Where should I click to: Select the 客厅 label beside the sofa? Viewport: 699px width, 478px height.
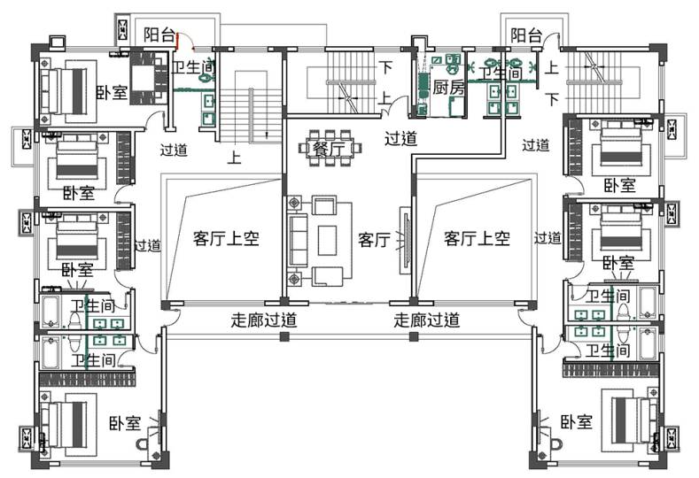click(x=374, y=239)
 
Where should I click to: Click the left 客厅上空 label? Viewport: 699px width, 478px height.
click(x=226, y=237)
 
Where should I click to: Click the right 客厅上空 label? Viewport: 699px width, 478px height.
click(x=477, y=237)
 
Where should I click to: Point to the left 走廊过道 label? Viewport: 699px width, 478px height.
click(x=263, y=320)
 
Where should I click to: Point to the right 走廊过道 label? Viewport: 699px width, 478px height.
click(x=426, y=320)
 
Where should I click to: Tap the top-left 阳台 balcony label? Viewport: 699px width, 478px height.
click(x=159, y=35)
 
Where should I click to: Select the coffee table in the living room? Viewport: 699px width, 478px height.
click(x=327, y=240)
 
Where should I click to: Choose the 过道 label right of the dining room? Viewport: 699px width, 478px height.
click(x=400, y=137)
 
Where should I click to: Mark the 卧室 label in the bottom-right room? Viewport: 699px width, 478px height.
click(x=577, y=422)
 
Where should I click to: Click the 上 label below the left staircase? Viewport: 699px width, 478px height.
click(x=235, y=159)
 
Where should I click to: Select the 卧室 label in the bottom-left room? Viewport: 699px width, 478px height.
click(x=125, y=422)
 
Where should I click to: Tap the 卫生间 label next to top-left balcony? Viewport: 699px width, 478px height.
click(x=192, y=67)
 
